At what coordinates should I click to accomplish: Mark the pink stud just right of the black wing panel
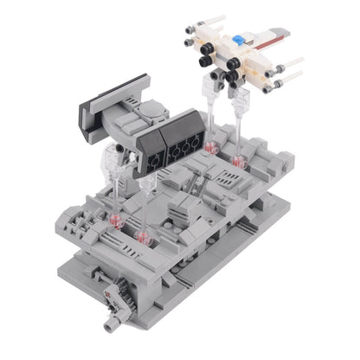pyautogui.click(x=209, y=148)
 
